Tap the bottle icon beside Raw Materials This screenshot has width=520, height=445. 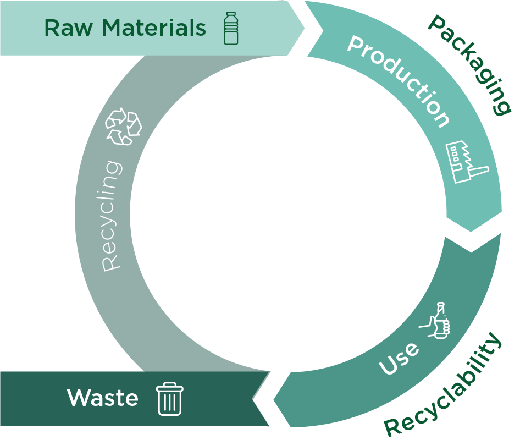231,28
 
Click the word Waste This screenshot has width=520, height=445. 103,398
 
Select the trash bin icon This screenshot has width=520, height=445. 170,399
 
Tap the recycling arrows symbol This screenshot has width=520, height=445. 124,127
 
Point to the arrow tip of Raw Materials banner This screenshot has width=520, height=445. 302,28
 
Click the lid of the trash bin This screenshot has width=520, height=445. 170,386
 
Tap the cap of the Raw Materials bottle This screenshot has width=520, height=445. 231,15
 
